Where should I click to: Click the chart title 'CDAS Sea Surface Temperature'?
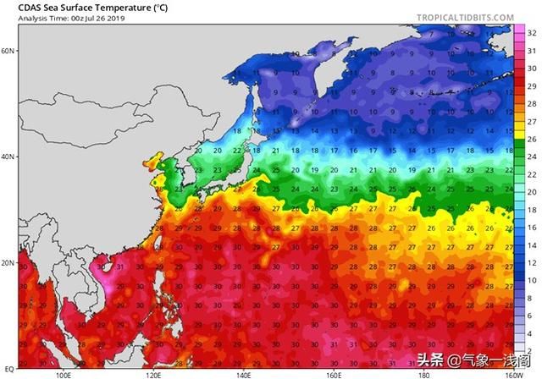[x=79, y=8]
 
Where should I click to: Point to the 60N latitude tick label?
[x=8, y=51]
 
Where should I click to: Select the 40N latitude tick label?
[x=8, y=157]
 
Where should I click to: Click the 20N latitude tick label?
[x=8, y=263]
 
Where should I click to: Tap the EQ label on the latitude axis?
[x=9, y=369]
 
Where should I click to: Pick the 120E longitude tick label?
[x=153, y=373]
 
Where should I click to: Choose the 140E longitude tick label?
[x=243, y=373]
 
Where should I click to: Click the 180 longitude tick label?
[x=423, y=373]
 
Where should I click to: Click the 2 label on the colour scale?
[x=531, y=349]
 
